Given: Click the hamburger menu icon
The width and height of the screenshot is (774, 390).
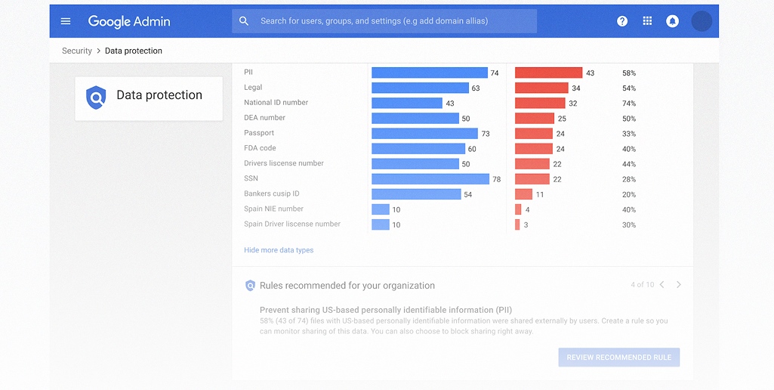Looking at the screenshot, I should tap(66, 21).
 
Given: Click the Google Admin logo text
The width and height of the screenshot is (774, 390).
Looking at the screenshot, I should tap(128, 21).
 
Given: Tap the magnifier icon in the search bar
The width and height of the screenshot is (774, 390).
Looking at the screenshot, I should tap(244, 21).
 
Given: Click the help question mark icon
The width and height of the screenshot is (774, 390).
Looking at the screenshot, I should tap(622, 21).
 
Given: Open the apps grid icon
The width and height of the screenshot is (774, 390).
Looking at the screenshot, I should tap(647, 21).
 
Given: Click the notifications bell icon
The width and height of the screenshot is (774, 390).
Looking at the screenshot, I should tap(672, 21).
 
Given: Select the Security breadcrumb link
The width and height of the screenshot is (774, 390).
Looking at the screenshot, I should tap(77, 51).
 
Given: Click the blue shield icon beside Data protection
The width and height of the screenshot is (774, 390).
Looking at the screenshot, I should tap(96, 97).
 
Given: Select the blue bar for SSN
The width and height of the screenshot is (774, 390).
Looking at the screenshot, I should tap(430, 179).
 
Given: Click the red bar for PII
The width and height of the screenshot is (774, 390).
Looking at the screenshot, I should tap(548, 73).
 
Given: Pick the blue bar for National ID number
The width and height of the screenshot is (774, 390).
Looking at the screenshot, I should tap(407, 104).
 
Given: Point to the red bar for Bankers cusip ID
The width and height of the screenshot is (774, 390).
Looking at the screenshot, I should tap(523, 194).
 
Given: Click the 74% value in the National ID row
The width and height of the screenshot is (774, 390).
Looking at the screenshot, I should tap(629, 104).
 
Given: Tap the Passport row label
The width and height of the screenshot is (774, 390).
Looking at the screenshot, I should tap(259, 133).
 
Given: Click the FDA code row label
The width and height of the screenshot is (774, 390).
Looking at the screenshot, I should tap(260, 148).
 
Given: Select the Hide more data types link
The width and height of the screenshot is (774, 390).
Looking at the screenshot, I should tap(279, 250).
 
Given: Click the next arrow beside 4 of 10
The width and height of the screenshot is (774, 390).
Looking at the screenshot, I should tap(679, 285).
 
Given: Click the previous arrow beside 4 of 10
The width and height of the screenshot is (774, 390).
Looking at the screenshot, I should tap(661, 285).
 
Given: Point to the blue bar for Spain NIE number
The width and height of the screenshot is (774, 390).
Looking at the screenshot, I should tap(381, 209).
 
